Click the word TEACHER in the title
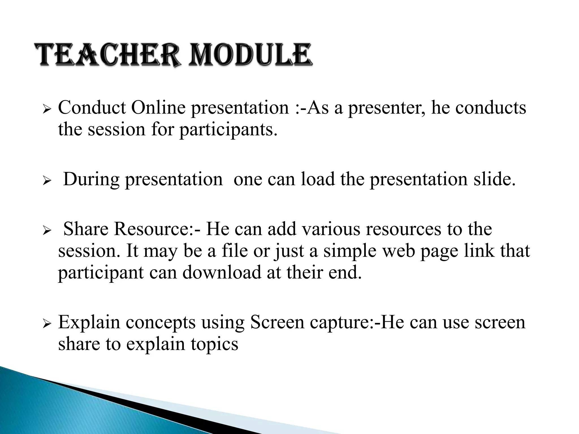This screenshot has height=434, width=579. click(x=107, y=55)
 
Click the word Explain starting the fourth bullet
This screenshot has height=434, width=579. click(x=89, y=323)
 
